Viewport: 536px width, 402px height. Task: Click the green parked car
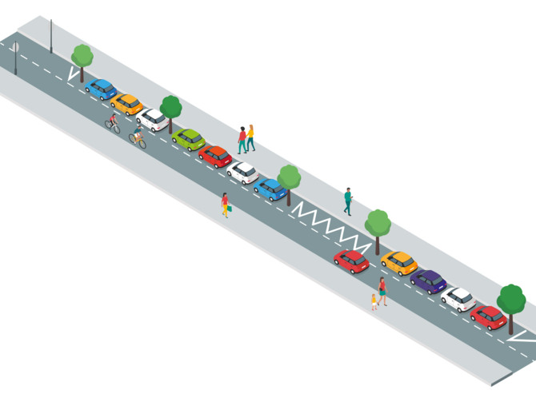click(189, 139)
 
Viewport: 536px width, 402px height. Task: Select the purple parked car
click(429, 281)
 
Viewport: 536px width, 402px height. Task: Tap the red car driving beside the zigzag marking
click(351, 261)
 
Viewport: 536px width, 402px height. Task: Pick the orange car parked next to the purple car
click(399, 261)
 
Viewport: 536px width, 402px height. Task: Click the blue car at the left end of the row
click(101, 89)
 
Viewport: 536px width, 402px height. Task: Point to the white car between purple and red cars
click(458, 299)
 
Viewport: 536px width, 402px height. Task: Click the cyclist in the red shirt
click(113, 123)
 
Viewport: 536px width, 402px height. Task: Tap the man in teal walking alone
click(348, 201)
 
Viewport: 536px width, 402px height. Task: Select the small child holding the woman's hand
click(374, 301)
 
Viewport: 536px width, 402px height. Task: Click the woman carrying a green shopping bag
click(226, 204)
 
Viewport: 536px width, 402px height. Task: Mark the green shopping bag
click(230, 209)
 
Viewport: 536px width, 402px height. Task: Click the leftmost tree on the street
click(82, 58)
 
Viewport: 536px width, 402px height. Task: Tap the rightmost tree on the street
click(511, 302)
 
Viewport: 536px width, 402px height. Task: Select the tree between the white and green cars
click(170, 109)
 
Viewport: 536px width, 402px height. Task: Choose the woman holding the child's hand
click(383, 290)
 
